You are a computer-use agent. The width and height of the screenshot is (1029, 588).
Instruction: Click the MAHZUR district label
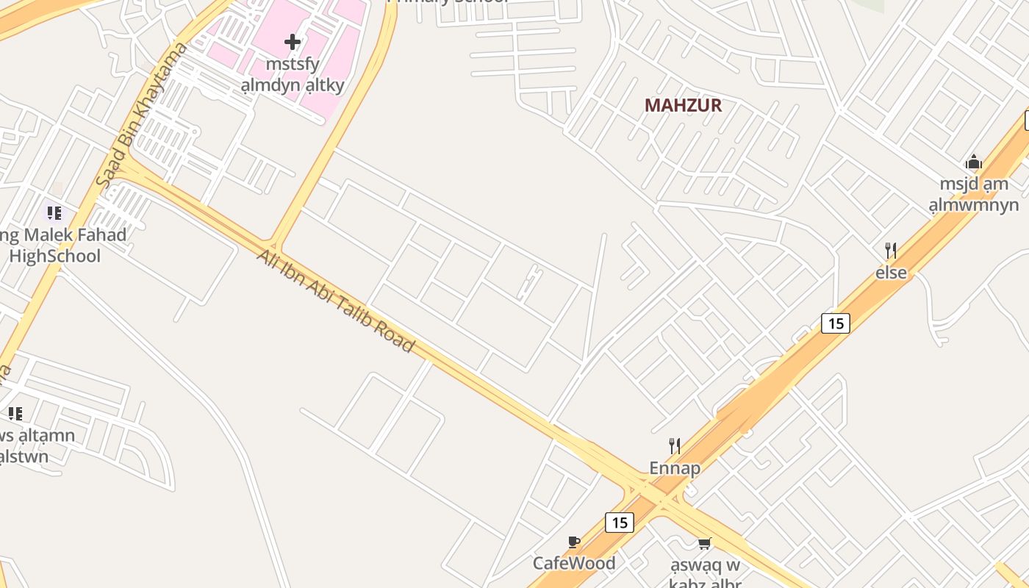pos(683,105)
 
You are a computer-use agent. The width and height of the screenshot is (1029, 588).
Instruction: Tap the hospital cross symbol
pos(293,41)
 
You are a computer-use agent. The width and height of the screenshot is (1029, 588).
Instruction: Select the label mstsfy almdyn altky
pos(293,74)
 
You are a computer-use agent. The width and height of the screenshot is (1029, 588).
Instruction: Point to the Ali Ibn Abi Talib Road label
pos(335,300)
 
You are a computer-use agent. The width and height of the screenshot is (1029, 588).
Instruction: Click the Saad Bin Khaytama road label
pos(143,115)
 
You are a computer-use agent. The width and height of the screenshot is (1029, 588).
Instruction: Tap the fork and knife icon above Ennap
pos(674,445)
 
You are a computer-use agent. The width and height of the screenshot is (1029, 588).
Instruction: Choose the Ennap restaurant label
pos(674,468)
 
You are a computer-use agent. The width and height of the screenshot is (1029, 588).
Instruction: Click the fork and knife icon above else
pos(891,251)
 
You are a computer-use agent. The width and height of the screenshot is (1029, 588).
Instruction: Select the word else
pos(891,273)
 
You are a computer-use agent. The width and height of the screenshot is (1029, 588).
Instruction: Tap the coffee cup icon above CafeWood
pos(574,542)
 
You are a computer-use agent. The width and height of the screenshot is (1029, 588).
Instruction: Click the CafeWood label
pos(574,564)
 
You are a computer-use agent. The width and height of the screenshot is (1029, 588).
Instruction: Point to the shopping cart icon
pos(704,543)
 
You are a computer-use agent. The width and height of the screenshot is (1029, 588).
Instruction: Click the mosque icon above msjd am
pos(974,162)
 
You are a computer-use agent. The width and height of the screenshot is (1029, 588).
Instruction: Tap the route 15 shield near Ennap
pos(620,523)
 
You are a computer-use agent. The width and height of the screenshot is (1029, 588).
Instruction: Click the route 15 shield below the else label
pos(835,323)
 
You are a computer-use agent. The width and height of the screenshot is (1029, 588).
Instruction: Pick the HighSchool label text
pos(55,256)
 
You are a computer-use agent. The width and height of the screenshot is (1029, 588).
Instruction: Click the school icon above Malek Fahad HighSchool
pos(54,213)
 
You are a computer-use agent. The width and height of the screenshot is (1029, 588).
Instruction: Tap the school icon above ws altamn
pos(15,414)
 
